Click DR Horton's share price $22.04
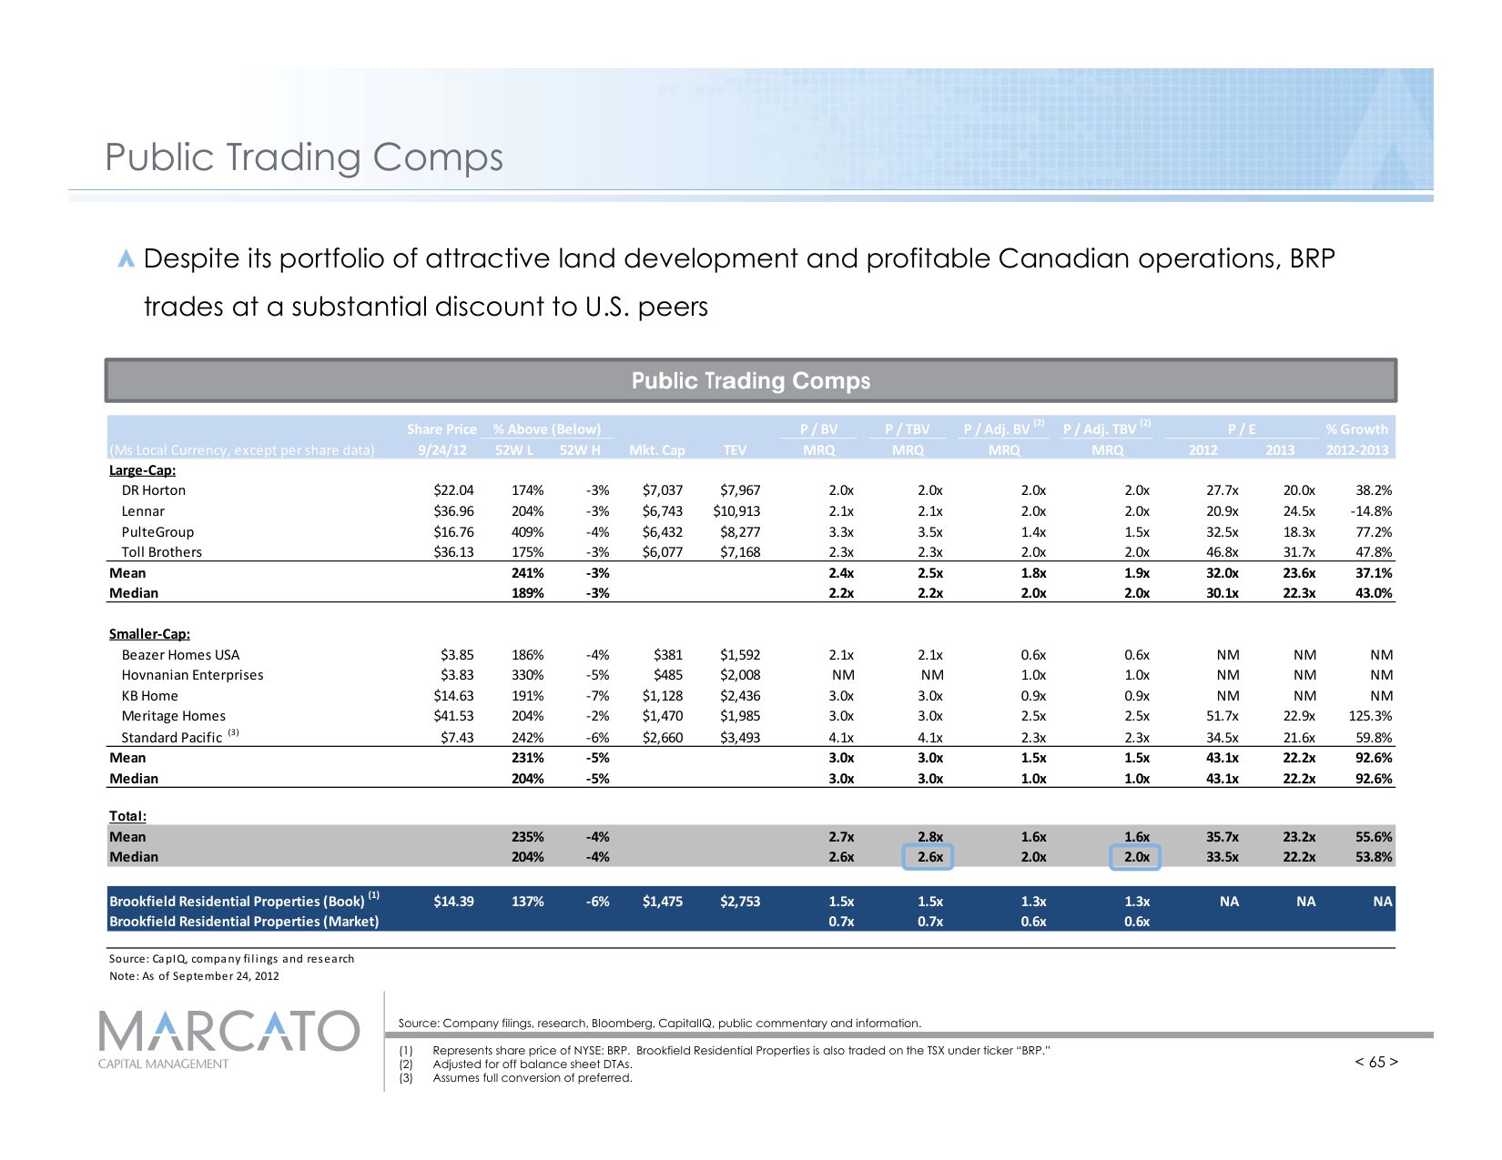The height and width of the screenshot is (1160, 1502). point(453,490)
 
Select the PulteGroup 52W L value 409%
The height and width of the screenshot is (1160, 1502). point(527,532)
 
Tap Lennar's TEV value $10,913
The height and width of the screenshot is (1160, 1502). point(736,511)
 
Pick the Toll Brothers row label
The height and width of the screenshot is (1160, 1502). point(161,552)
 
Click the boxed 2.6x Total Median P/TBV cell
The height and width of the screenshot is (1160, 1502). point(928,857)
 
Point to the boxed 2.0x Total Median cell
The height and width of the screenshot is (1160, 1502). point(1135,857)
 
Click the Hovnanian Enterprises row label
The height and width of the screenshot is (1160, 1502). point(192,675)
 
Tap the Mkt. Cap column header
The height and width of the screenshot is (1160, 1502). point(656,450)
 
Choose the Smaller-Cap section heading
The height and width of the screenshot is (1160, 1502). point(149,634)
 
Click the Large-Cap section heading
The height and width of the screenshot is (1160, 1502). point(142,470)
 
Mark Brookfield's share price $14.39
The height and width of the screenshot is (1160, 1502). point(453,902)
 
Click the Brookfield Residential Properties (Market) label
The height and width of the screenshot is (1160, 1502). point(244,922)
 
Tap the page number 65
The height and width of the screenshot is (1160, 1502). point(1376,1062)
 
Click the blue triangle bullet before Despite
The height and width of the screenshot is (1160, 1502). point(127,259)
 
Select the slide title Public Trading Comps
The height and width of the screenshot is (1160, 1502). point(304,157)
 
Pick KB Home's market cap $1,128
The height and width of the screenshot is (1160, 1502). point(662,696)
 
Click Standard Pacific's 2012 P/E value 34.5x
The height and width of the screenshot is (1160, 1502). point(1222,738)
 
